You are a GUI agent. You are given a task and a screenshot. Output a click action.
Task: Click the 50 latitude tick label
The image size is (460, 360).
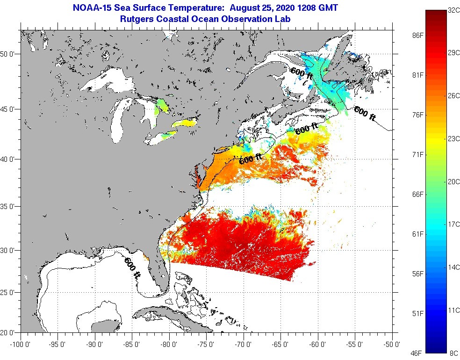click(x=10, y=54)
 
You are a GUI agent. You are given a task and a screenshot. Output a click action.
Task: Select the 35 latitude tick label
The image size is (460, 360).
click(x=10, y=206)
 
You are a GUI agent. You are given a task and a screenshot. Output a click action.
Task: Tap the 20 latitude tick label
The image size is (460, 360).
click(x=10, y=333)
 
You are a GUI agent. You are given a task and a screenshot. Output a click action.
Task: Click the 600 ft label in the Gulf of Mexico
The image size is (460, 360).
click(x=132, y=268)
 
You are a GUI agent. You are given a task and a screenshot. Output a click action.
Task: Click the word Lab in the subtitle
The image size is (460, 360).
click(x=284, y=19)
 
